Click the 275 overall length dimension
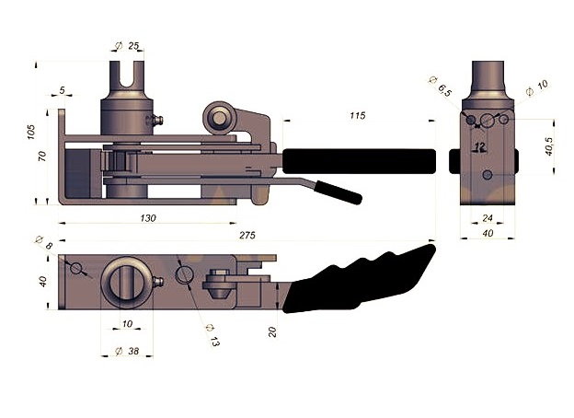coord(247,235)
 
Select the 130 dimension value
coord(148,218)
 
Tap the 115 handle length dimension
coord(358,116)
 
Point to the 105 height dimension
coord(31,132)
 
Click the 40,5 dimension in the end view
coord(549,146)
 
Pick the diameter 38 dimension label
coord(127,351)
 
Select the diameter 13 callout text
coord(212,335)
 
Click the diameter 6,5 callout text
coord(440,87)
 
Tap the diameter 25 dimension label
coord(127,46)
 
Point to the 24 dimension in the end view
coord(488,218)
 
